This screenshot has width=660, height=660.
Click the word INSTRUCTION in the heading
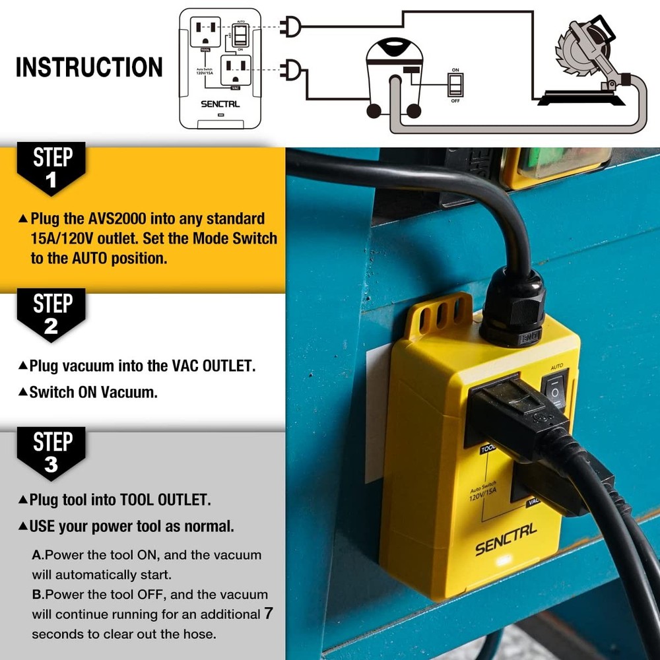pyautogui.click(x=89, y=67)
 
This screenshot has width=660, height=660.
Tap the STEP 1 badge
pyautogui.click(x=52, y=168)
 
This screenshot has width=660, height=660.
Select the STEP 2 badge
pyautogui.click(x=52, y=315)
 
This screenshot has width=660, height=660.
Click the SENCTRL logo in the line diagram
pyautogui.click(x=221, y=104)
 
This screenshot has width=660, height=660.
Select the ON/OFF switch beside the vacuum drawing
pyautogui.click(x=455, y=84)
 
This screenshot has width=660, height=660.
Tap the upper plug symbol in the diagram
pyautogui.click(x=290, y=26)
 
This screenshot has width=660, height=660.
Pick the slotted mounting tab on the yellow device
pyautogui.click(x=439, y=315)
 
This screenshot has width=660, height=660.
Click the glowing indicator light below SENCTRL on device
pyautogui.click(x=502, y=562)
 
